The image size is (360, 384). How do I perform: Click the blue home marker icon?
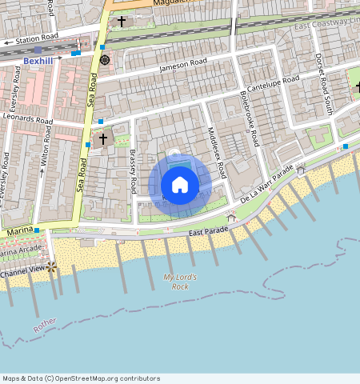pyautogui.click(x=180, y=186)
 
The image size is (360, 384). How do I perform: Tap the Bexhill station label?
pyautogui.click(x=38, y=60)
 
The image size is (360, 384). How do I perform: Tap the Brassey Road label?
pyautogui.click(x=134, y=171)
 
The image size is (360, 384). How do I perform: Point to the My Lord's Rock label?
pyautogui.click(x=180, y=281)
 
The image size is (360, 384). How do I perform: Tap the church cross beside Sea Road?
pyautogui.click(x=103, y=140)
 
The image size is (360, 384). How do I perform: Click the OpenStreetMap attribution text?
pyautogui.click(x=81, y=378)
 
